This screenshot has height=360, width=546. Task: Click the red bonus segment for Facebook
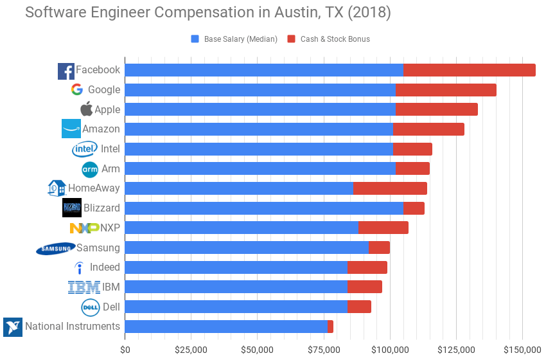[x=469, y=70]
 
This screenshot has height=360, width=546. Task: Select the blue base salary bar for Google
[x=260, y=90]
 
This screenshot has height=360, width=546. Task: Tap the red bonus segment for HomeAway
[x=390, y=188]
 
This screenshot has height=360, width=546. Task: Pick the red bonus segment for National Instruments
[x=330, y=327]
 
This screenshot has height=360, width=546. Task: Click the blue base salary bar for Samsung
[x=247, y=248]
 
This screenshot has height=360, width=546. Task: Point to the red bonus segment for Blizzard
[x=414, y=208]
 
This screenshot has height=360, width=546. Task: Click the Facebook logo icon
[x=66, y=71]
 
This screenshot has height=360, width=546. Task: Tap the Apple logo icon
[x=86, y=109]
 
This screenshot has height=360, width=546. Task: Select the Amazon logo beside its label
[x=71, y=129]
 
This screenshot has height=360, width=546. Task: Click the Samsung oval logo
[x=55, y=249]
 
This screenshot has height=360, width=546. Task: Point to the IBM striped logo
[x=84, y=287]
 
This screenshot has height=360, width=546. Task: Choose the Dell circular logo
[x=90, y=307]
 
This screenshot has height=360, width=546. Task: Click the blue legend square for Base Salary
[x=195, y=39]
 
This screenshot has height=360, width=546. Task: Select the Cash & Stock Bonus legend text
[x=335, y=39]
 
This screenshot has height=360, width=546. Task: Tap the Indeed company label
[x=105, y=267]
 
